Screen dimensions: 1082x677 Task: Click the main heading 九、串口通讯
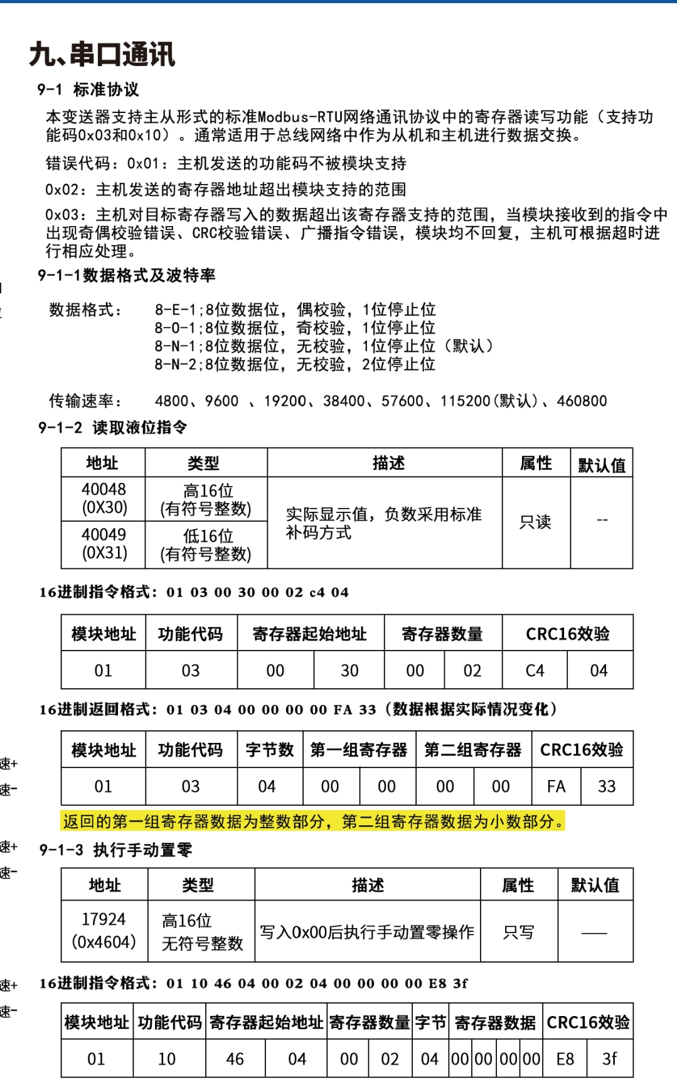[x=102, y=55]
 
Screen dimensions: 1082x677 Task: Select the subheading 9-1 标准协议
[x=88, y=90]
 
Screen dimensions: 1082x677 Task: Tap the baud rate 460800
[x=582, y=401]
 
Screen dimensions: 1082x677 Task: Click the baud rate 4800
[x=172, y=401]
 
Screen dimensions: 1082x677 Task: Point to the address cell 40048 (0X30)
[x=104, y=499]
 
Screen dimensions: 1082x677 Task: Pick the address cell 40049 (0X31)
[x=104, y=544]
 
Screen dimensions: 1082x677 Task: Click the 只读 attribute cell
[x=535, y=522]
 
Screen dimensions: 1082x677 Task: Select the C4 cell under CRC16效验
[x=535, y=671]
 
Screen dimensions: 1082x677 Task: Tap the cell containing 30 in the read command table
[x=349, y=671]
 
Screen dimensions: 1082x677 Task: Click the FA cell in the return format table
[x=556, y=787]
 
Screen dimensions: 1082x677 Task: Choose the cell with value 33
[x=607, y=787]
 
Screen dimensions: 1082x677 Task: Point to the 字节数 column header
[x=270, y=750]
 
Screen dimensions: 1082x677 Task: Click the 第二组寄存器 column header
[x=473, y=750]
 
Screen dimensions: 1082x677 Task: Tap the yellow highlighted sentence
[x=313, y=821]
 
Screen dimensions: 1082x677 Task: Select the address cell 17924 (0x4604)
[x=104, y=931]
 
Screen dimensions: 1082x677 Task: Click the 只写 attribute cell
[x=518, y=932]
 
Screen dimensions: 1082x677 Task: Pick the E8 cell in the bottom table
[x=565, y=1059]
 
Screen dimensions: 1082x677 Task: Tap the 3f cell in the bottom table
[x=609, y=1059]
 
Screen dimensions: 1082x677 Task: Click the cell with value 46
[x=235, y=1059]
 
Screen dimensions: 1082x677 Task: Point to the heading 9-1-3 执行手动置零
[x=115, y=850]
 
